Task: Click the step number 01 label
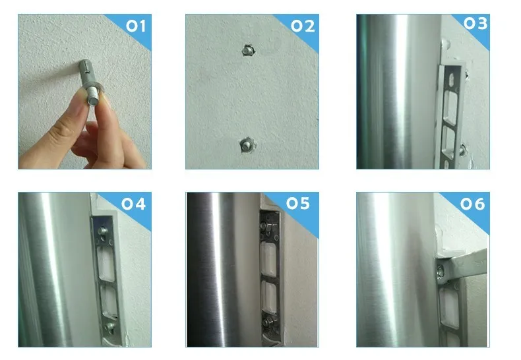tap(136, 26)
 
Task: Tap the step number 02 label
tap(303, 26)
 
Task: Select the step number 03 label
tap(475, 24)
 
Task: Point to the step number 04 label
tap(133, 204)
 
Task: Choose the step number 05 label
tap(298, 203)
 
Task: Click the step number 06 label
tap(472, 204)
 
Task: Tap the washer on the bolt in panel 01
tap(96, 89)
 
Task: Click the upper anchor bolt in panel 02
tap(247, 51)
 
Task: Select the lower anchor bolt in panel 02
tap(247, 145)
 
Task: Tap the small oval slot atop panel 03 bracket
tap(451, 79)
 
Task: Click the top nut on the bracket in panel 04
tap(103, 230)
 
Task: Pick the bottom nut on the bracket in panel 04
tap(109, 326)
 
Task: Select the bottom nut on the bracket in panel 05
tap(268, 322)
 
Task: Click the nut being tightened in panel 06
tap(441, 272)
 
